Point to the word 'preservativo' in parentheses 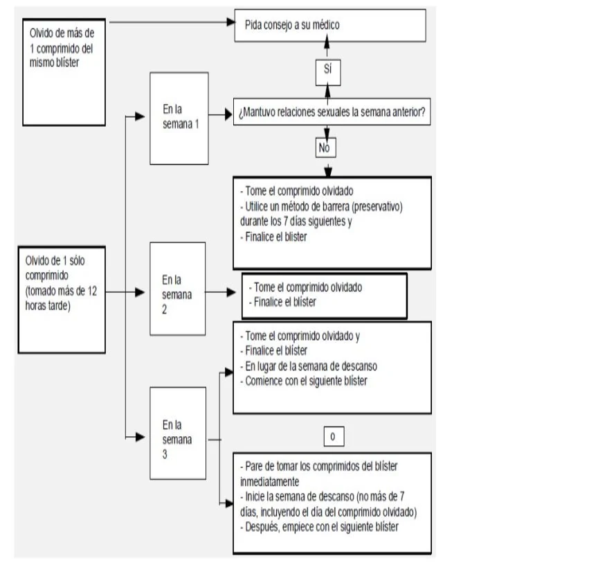[377, 207]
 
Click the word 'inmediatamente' [270, 481]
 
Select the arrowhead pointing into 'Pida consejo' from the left [230, 21]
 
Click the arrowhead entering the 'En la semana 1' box [140, 116]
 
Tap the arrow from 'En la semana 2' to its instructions [220, 292]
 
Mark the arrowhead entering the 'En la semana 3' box [140, 437]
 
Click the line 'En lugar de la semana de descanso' [309, 366]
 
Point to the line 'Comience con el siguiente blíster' [304, 381]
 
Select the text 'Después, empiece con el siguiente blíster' [319, 527]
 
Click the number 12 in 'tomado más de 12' [92, 291]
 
